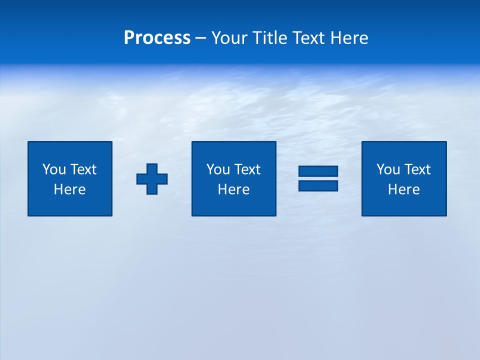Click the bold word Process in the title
coord(157,38)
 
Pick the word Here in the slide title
coord(349,38)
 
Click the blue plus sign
coord(152,178)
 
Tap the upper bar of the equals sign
coord(318,171)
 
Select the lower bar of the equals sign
coord(318,185)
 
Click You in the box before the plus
coord(54,169)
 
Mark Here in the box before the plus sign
coord(69,189)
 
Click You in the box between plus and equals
coord(218,169)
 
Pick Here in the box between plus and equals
coord(233,189)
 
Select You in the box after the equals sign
coord(388,169)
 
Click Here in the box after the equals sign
coord(403,189)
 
